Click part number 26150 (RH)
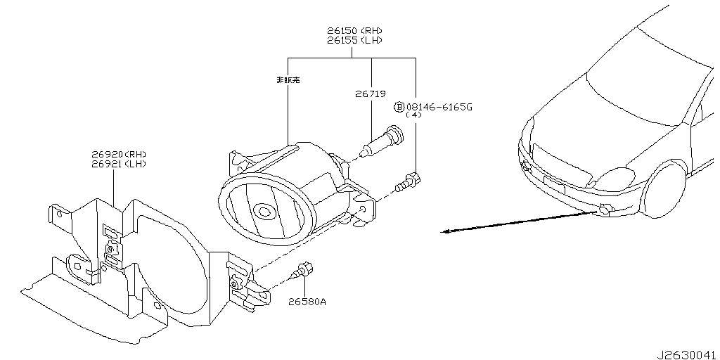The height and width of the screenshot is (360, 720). point(354,31)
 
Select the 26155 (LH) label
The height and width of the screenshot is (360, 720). point(354,41)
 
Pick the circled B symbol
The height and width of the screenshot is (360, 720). point(399,107)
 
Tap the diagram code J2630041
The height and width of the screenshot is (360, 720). point(688,354)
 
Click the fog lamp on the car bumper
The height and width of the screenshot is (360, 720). point(605,209)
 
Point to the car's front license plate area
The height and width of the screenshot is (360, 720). point(555,185)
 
